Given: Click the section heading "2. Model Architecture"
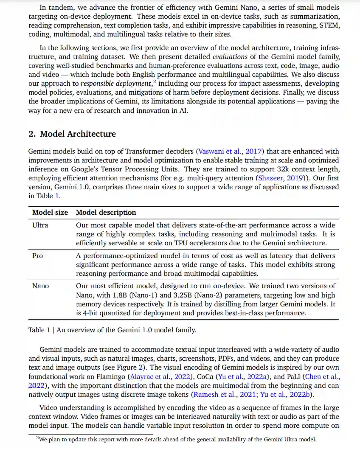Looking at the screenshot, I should (x=72, y=134).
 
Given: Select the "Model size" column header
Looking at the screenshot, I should (x=50, y=212).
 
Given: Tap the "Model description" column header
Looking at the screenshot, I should (x=106, y=212).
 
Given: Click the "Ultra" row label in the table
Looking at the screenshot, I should (x=40, y=225).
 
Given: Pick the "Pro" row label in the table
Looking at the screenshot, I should (x=38, y=256).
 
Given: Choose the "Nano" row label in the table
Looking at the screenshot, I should (x=41, y=286).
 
